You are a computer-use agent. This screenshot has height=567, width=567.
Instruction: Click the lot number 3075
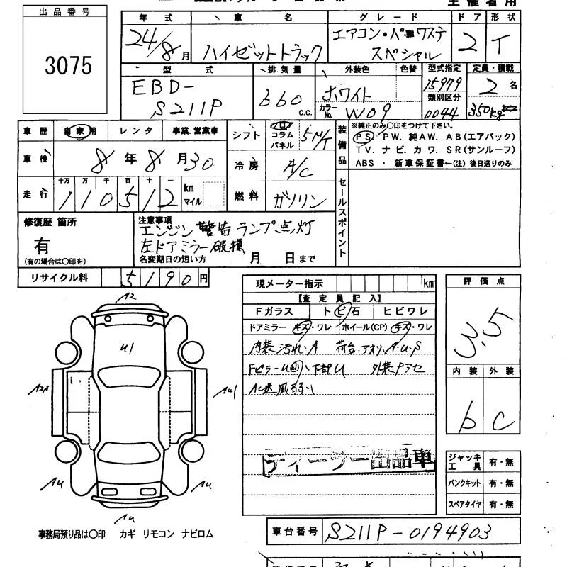68,66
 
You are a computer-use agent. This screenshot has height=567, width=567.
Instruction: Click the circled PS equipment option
364,137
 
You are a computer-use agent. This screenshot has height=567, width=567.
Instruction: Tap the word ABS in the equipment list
365,162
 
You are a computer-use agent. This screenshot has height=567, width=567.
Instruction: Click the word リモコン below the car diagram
159,534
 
